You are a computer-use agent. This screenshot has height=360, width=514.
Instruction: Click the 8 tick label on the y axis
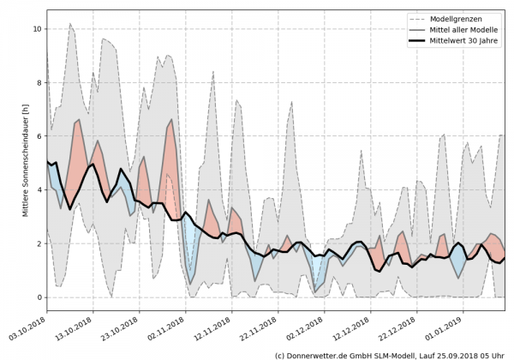[x=38, y=82]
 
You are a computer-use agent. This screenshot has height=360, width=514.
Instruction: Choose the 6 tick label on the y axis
[x=38, y=136]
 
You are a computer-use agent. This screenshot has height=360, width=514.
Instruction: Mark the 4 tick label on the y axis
[x=38, y=190]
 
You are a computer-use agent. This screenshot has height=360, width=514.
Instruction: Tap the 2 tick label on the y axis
[x=38, y=243]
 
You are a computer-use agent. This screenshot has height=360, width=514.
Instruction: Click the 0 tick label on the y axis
[x=38, y=297]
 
